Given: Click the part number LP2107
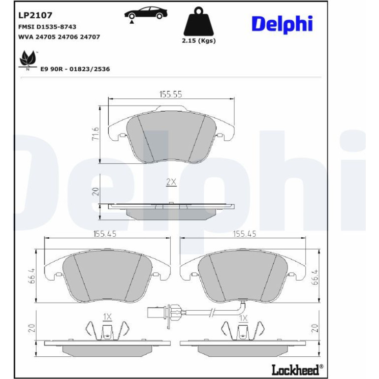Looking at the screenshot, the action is pyautogui.click(x=35, y=15).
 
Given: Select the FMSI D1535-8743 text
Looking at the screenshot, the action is pyautogui.click(x=47, y=27).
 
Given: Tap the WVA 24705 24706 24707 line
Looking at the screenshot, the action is pyautogui.click(x=59, y=37).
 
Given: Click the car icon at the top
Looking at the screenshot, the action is pyautogui.click(x=146, y=14).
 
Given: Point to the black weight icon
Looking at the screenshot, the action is pyautogui.click(x=199, y=21).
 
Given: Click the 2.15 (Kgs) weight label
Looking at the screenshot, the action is pyautogui.click(x=199, y=40).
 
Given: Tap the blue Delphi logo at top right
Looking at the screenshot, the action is pyautogui.click(x=282, y=25).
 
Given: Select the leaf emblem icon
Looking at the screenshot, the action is pyautogui.click(x=28, y=60).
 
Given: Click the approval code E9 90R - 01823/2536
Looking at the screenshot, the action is pyautogui.click(x=75, y=69).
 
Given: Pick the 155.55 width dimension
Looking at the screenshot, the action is pyautogui.click(x=171, y=95).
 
